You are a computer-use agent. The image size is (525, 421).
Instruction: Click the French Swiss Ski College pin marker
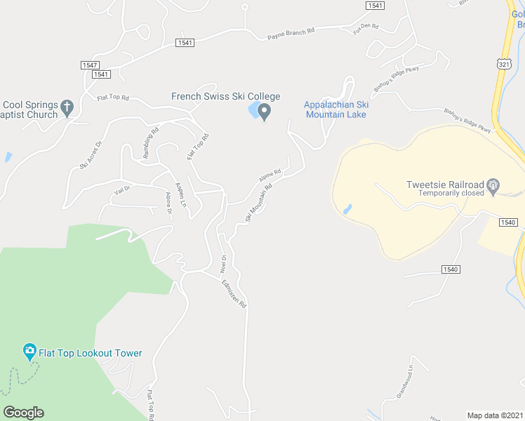point(265,112)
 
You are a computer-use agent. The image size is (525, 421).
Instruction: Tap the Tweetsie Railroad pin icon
point(493,186)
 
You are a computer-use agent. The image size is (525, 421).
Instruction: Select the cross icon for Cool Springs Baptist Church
point(67,108)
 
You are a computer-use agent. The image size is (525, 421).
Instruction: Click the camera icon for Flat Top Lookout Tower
point(29,351)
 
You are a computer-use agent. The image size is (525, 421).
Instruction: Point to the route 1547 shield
point(89,65)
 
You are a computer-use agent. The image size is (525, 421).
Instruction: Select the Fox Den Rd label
point(366,29)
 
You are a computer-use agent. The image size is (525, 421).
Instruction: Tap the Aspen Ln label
point(181,190)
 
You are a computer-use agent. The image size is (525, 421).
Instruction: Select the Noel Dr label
point(224,263)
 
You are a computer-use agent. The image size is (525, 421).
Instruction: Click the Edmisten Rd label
point(234,294)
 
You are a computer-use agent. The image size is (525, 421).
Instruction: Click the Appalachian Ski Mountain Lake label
point(335,109)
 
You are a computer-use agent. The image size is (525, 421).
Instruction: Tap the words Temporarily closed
point(451,193)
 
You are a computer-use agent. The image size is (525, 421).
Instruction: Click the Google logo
point(23,413)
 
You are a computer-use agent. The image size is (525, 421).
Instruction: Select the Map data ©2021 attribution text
point(496,415)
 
